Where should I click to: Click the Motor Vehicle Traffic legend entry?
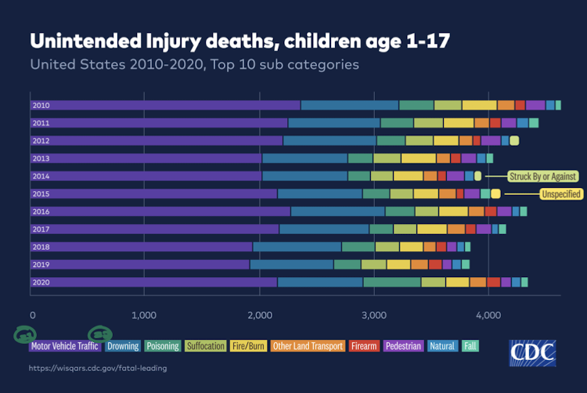tap(66, 346)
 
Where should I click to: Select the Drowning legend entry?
tap(123, 346)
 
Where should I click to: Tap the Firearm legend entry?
tap(364, 346)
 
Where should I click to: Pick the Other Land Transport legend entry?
tap(308, 346)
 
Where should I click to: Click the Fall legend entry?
tap(470, 346)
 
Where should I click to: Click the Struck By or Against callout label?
tap(543, 176)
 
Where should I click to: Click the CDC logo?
tap(533, 352)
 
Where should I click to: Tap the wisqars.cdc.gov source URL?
tap(98, 368)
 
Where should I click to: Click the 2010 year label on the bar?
tap(41, 105)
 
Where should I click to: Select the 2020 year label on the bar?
tap(41, 282)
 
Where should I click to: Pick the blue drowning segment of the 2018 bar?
tap(297, 247)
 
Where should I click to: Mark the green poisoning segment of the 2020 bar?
tap(392, 282)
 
